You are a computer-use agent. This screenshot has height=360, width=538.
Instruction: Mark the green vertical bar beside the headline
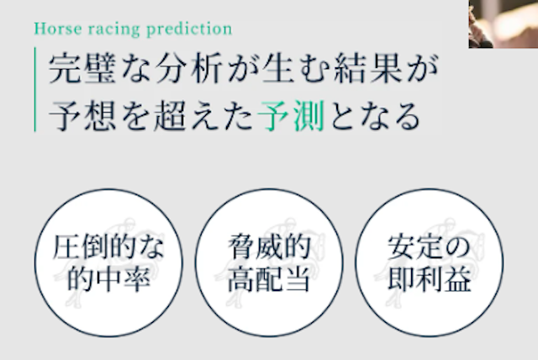point(35,91)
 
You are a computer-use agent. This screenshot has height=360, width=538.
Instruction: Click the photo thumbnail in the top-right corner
point(503,24)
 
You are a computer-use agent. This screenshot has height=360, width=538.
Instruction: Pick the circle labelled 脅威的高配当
point(269,263)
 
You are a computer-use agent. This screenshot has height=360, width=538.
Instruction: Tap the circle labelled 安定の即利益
point(430,263)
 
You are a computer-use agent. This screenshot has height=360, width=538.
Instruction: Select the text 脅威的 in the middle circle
point(269,247)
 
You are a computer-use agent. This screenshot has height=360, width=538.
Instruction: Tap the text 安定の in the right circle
point(430,247)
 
